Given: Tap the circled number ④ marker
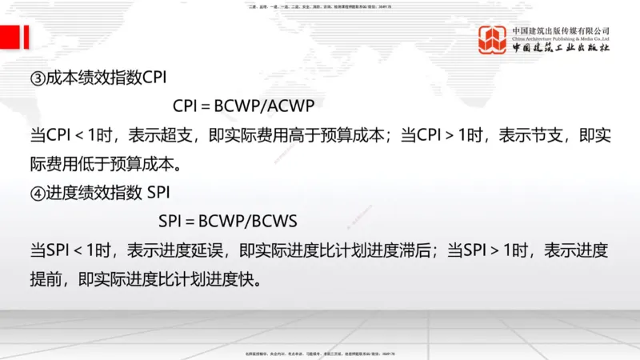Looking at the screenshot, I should pos(38,193).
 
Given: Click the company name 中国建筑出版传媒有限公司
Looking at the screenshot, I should pos(562,30).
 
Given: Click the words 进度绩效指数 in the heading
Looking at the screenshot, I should pos(86,193).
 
